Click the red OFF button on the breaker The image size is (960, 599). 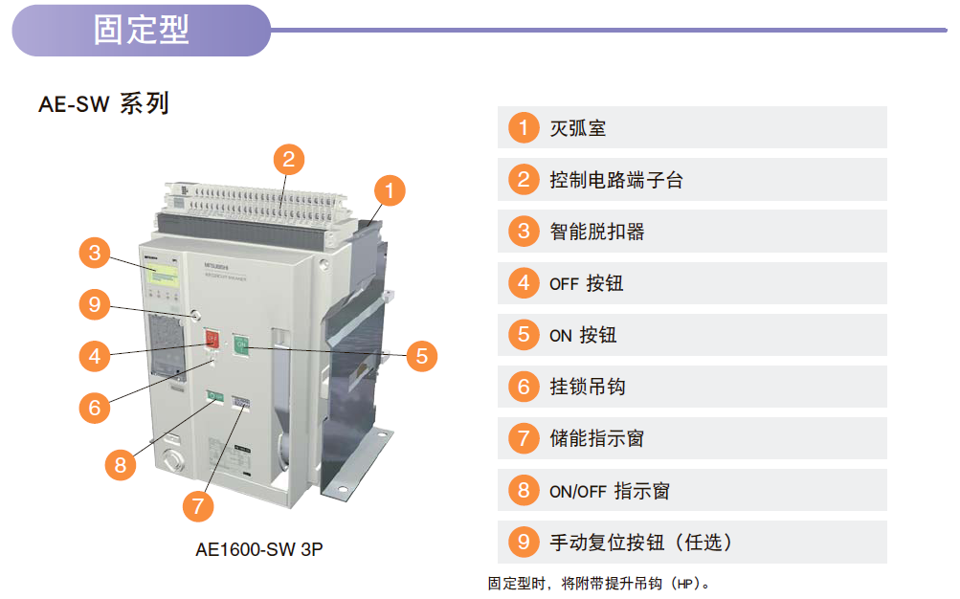click(212, 339)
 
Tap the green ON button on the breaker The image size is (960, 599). click(241, 345)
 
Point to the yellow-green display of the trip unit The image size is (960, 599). click(163, 276)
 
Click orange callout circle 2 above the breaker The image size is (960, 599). click(289, 160)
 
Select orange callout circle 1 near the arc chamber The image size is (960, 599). click(390, 191)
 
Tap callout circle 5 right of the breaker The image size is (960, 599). click(422, 356)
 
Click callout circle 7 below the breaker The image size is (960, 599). click(198, 506)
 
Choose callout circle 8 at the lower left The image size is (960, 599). click(121, 465)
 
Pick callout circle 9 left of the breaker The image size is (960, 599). click(95, 304)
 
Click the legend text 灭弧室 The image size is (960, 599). click(577, 128)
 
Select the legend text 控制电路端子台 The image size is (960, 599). click(616, 180)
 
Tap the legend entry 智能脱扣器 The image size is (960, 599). click(597, 232)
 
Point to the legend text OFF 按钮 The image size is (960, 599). click(586, 283)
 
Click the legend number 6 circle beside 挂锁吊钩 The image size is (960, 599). click(524, 387)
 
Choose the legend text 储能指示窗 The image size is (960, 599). click(597, 438)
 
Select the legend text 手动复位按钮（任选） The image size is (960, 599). click(640, 543)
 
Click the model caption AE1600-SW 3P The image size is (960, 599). click(259, 549)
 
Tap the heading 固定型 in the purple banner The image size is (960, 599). click(142, 30)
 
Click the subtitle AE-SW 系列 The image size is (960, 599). click(103, 103)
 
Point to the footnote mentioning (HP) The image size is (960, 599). click(599, 584)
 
